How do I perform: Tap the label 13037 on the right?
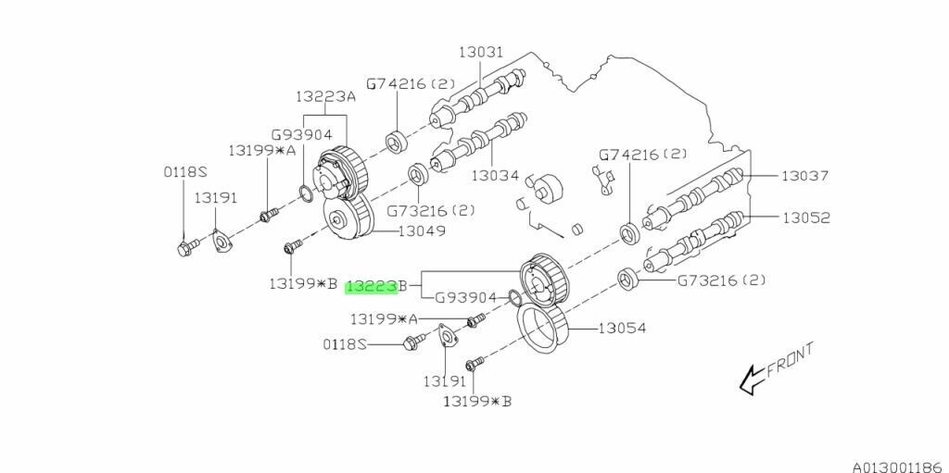(803, 175)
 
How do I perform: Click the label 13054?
(621, 328)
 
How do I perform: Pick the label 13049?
(422, 231)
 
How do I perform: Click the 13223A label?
(326, 96)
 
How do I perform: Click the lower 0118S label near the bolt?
(345, 343)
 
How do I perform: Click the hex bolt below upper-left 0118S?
(184, 247)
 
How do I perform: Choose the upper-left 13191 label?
(215, 197)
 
